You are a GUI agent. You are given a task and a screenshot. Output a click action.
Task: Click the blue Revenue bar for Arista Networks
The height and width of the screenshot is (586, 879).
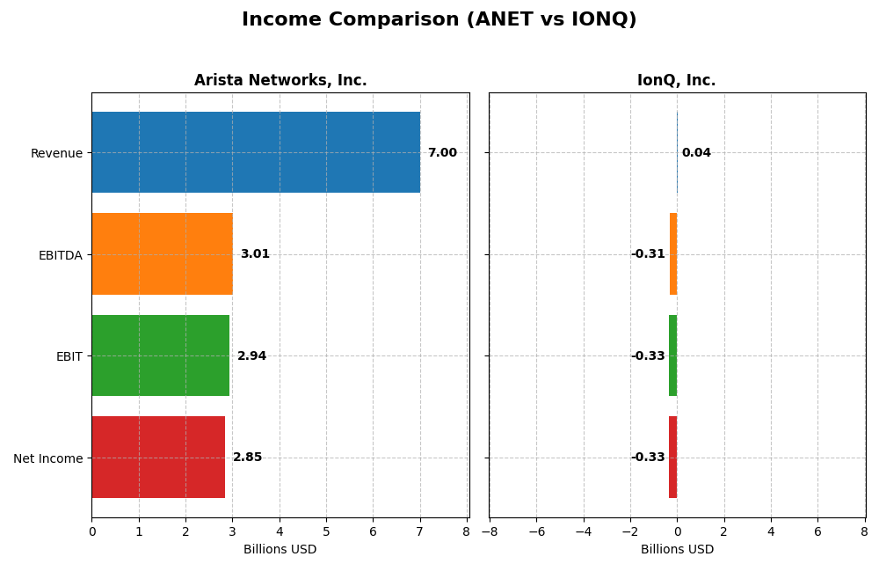pyautogui.click(x=255, y=152)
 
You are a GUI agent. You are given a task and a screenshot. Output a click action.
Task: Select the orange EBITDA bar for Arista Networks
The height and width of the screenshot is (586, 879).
pyautogui.click(x=162, y=254)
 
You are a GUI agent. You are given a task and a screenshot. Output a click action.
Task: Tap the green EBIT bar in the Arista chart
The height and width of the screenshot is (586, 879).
pyautogui.click(x=160, y=355)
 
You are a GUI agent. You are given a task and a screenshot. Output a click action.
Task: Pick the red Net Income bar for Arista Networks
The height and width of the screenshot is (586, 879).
pyautogui.click(x=158, y=458)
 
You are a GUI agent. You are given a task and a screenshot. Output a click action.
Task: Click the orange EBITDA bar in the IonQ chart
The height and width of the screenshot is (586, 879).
pyautogui.click(x=673, y=254)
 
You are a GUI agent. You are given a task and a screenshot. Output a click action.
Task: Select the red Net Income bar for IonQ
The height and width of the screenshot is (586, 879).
pyautogui.click(x=672, y=458)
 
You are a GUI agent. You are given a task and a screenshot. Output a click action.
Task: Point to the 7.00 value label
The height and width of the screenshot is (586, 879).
pyautogui.click(x=442, y=153)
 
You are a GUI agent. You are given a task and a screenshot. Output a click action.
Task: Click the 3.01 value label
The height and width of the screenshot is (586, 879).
pyautogui.click(x=255, y=254)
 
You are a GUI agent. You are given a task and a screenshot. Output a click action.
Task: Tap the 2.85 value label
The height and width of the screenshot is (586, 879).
pyautogui.click(x=247, y=458)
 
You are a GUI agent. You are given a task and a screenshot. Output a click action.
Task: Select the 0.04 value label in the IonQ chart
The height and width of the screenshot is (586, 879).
pyautogui.click(x=696, y=153)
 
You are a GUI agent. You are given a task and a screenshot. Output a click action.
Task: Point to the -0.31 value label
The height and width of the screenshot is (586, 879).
pyautogui.click(x=648, y=254)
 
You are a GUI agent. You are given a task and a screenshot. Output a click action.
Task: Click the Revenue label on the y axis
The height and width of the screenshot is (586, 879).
pyautogui.click(x=56, y=153)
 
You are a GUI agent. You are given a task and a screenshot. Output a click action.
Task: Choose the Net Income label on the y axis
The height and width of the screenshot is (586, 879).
pyautogui.click(x=48, y=458)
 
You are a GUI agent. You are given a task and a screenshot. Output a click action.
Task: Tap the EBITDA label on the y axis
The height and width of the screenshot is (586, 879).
pyautogui.click(x=61, y=255)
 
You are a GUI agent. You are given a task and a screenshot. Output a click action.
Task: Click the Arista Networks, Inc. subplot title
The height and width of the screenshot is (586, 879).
pyautogui.click(x=280, y=81)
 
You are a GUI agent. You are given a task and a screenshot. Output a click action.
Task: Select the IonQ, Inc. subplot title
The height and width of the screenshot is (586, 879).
pyautogui.click(x=676, y=81)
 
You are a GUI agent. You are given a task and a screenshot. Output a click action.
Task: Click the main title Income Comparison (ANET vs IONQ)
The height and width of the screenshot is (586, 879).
pyautogui.click(x=439, y=20)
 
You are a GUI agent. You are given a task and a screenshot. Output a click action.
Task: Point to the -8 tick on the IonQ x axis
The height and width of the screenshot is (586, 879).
pyautogui.click(x=489, y=532)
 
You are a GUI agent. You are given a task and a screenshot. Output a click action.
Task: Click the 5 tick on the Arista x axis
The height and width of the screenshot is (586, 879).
pyautogui.click(x=326, y=532)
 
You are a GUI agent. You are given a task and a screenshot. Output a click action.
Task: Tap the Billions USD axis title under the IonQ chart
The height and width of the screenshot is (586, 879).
pyautogui.click(x=677, y=550)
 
